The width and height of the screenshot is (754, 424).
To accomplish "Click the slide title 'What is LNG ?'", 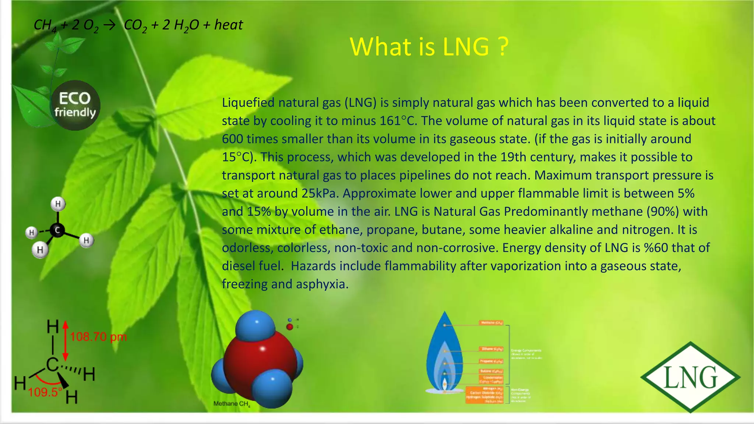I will (x=429, y=47).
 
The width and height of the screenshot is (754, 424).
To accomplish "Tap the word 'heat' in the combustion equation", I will (x=229, y=25).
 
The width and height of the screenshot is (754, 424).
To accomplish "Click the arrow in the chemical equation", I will (x=109, y=25).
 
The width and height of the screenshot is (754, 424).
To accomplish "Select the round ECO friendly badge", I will (x=75, y=105).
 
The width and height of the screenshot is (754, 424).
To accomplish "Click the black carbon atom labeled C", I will (x=57, y=230).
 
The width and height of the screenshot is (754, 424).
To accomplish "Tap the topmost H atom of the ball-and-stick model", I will (x=58, y=204).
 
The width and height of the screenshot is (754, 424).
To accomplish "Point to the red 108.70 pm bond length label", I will (x=98, y=337).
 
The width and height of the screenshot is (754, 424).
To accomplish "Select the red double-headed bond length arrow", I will (x=66, y=341).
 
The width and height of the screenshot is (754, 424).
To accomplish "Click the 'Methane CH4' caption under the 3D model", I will (x=232, y=404).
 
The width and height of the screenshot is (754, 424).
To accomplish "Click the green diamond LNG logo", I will (x=690, y=377).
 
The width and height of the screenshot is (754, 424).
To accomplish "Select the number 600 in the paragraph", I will (x=232, y=139).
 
